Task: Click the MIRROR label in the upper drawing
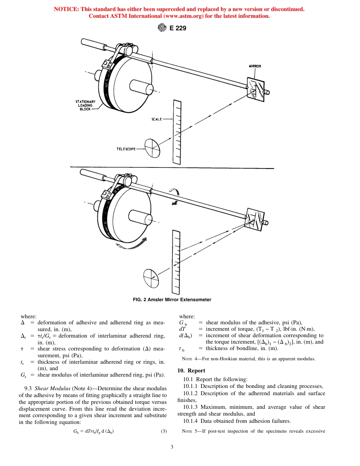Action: coord(255,66)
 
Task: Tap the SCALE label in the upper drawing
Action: coord(157,119)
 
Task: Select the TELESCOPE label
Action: coord(126,149)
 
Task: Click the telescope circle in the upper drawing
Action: coord(152,147)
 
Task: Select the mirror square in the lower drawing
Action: coord(255,219)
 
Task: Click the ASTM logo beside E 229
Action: coord(162,28)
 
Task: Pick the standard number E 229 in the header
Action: coord(178,28)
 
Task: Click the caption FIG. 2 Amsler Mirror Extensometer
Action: coord(172,300)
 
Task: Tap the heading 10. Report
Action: coord(191,371)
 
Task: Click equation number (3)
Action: coord(164,431)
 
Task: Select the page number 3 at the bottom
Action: coord(172,447)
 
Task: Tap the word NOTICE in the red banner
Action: coord(66,9)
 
